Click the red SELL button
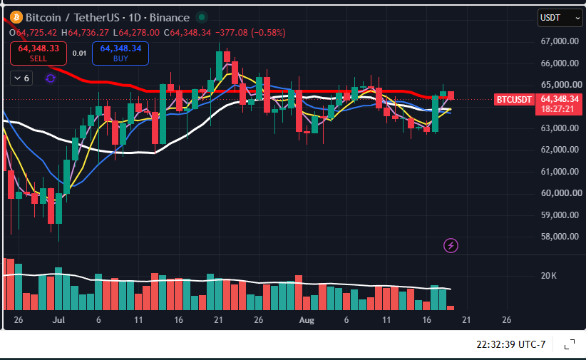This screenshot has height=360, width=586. [38, 53]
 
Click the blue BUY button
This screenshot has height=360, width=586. [120, 53]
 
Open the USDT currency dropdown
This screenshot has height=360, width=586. [560, 18]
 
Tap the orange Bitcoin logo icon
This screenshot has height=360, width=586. [16, 17]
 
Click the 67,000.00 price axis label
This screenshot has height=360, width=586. [560, 41]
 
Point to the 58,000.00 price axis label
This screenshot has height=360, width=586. [560, 236]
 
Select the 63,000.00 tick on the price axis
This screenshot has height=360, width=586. [560, 128]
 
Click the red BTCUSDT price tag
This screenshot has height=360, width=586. [514, 99]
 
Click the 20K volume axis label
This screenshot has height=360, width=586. [549, 276]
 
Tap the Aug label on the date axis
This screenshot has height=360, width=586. [307, 320]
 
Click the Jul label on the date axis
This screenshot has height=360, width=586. [58, 320]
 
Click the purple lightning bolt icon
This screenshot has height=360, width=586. [451, 246]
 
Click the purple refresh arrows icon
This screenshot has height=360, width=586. [51, 78]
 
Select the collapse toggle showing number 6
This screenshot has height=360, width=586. [21, 78]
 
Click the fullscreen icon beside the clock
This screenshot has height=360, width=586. [569, 344]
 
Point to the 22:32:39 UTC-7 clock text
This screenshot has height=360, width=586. [511, 344]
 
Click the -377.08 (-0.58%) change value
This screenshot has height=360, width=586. [250, 33]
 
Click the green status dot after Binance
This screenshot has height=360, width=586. [202, 17]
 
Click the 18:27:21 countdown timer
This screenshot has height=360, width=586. [557, 109]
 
